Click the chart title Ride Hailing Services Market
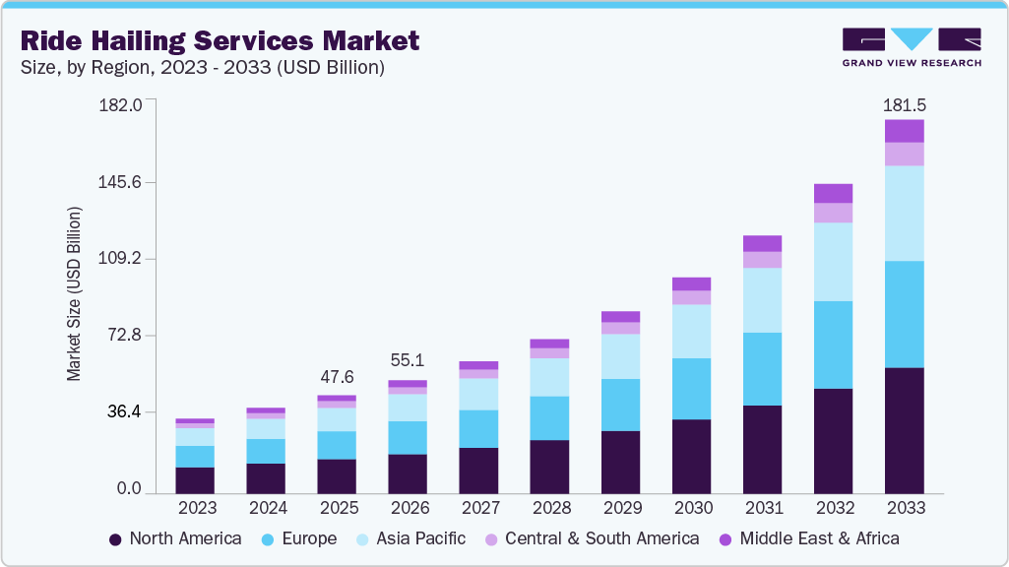pos(220,41)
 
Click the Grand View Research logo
pos(911,47)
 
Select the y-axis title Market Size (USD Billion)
pos(74,293)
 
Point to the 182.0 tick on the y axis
pos(122,104)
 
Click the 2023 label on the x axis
pos(195,508)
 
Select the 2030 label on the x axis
pos(691,508)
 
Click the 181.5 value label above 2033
pos(905,104)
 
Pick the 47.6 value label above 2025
pos(337,377)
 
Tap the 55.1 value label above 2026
pos(408,361)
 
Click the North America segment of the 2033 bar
pos(904,429)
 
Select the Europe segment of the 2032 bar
pos(833,345)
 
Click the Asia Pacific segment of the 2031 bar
pos(762,300)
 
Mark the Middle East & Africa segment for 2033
pos(904,131)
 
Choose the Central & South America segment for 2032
pos(833,213)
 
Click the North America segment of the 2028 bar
pos(549,466)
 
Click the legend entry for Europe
pos(299,538)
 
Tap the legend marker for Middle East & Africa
pos(725,539)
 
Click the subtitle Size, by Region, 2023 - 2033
pos(202,68)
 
